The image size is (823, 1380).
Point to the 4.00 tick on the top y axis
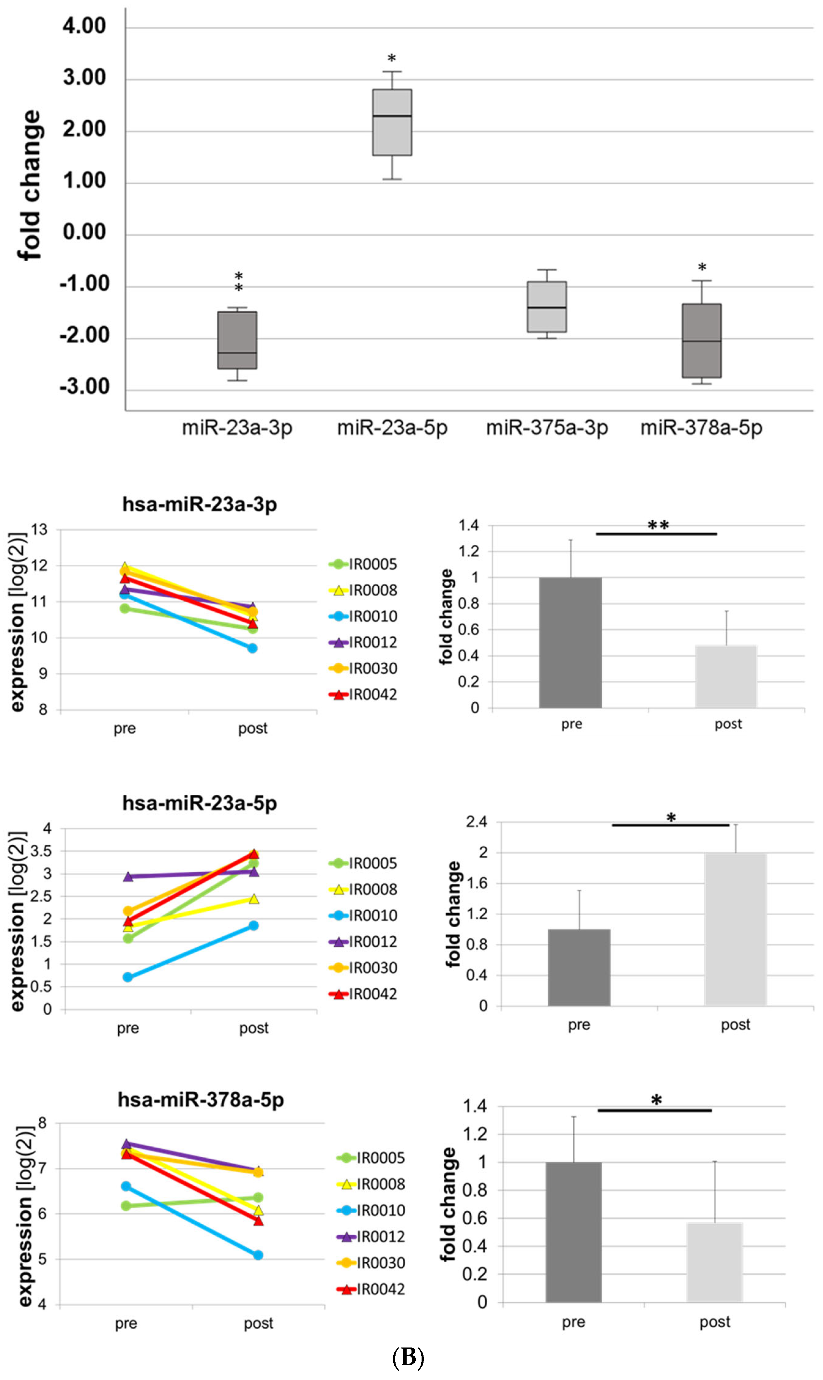[x=84, y=26]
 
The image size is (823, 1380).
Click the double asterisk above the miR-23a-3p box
[x=239, y=282]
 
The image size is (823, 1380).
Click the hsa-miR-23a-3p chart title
[x=200, y=504]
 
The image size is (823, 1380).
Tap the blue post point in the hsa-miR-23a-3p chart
[x=252, y=647]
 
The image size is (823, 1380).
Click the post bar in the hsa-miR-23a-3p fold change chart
[x=726, y=676]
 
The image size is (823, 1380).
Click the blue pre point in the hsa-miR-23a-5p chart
[x=127, y=977]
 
